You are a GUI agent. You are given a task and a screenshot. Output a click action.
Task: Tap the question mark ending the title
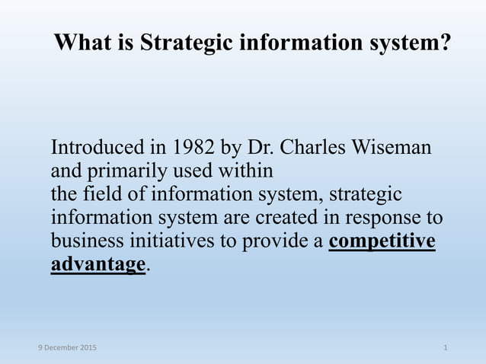tap(444, 43)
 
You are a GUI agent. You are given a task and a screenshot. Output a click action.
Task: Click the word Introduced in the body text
tap(96, 146)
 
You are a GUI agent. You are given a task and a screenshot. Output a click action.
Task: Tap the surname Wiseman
tap(395, 146)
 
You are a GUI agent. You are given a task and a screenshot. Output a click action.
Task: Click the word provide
tap(273, 241)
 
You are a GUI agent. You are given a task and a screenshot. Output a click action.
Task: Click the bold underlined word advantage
tap(98, 265)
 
